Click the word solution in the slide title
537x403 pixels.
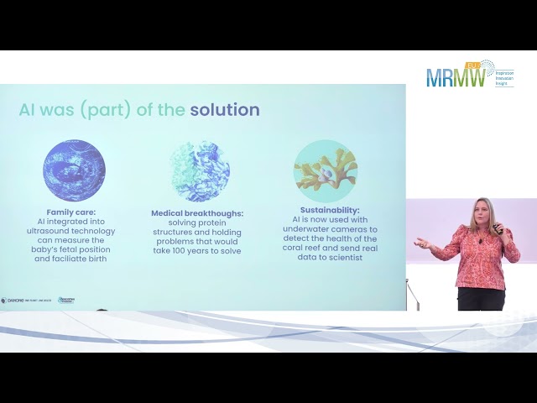225,110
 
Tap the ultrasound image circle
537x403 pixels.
74,170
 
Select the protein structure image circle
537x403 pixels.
200,170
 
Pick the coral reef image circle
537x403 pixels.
326,170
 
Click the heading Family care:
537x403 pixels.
75,212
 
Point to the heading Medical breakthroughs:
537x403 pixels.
197,213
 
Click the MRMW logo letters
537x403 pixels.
456,78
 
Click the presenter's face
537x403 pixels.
484,217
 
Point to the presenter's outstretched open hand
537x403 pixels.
421,243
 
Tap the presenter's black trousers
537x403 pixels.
481,299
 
